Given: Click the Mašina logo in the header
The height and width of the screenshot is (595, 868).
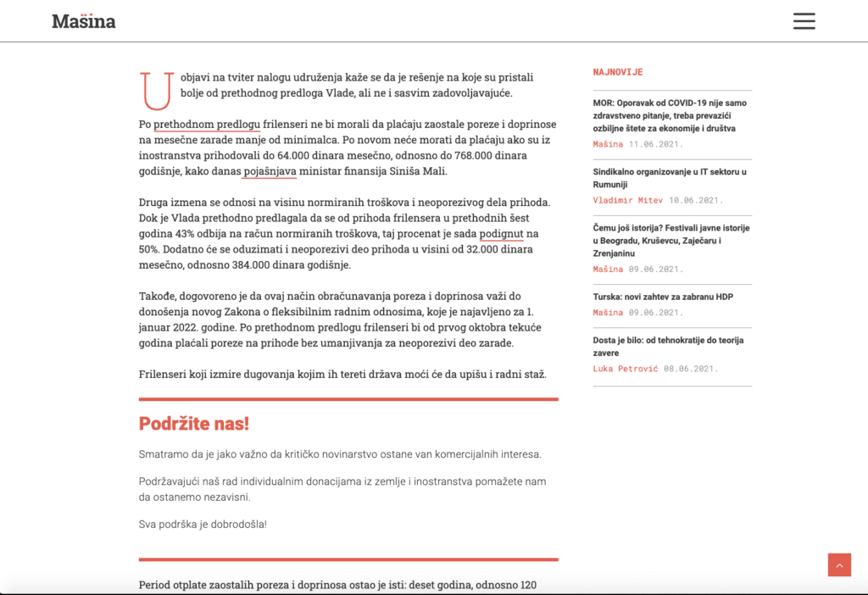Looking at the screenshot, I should [84, 21].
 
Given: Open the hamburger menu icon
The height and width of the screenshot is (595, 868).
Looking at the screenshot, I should [804, 21].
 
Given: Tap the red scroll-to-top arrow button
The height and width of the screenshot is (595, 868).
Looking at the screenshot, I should [839, 564].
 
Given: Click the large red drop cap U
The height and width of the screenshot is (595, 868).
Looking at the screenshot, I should [157, 91].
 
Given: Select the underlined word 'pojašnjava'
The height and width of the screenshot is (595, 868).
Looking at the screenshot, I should [269, 171].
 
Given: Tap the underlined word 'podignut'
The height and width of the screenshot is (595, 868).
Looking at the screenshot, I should [501, 233].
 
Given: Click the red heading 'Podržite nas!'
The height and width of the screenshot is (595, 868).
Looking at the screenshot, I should [194, 424].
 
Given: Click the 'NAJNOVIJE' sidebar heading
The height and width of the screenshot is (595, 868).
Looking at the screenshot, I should [618, 73].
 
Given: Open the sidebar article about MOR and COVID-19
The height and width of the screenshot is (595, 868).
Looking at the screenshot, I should [670, 115].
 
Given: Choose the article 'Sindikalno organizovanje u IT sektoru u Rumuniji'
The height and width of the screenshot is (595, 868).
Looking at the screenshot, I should [670, 178].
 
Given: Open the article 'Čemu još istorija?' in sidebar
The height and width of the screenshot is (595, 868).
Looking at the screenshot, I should [670, 241].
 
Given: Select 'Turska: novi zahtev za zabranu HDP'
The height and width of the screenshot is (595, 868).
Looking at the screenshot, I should [663, 297].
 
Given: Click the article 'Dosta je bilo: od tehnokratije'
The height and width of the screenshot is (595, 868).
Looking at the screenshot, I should [668, 346].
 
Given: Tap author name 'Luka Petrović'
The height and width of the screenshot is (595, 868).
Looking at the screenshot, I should [625, 369].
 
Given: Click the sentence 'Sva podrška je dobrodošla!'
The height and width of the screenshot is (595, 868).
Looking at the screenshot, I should [203, 524].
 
